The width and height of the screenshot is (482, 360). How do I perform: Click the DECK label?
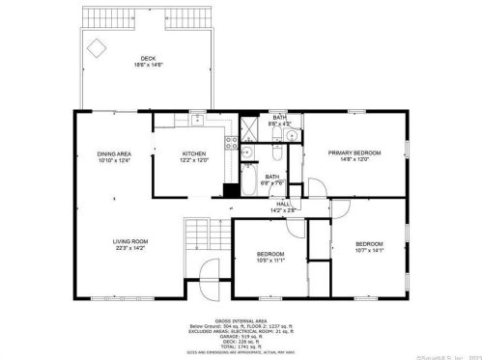point(148,59)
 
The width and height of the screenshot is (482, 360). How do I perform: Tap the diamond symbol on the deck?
point(98,46)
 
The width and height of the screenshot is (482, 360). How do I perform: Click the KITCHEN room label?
point(194,154)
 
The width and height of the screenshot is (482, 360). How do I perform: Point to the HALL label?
point(283,204)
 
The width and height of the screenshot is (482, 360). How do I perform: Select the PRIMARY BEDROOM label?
point(354,153)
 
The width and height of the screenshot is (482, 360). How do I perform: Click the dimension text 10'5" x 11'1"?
point(269,259)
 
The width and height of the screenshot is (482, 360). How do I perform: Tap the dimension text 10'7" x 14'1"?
point(368,249)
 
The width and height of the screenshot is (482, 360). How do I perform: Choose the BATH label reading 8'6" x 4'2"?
point(278,121)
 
